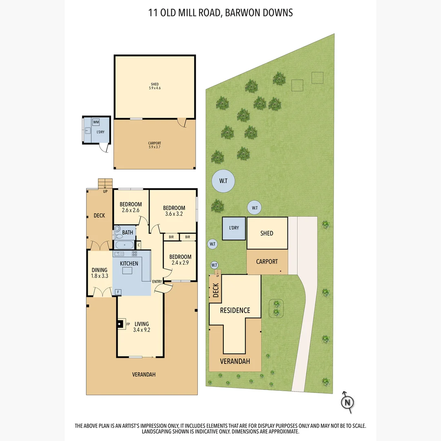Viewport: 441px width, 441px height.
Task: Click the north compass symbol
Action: [347, 402]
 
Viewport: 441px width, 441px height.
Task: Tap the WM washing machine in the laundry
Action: [96, 122]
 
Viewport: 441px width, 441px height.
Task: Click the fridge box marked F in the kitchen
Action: [118, 292]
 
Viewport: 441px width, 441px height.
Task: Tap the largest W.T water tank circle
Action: [223, 181]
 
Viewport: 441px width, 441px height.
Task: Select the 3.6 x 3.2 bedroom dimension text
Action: [174, 214]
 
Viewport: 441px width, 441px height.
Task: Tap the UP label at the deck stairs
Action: [105, 191]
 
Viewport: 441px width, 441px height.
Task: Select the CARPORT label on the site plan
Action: [267, 262]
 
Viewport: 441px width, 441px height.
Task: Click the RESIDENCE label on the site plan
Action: [235, 310]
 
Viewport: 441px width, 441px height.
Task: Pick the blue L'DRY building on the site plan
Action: [234, 228]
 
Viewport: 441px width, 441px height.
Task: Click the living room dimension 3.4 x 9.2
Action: [142, 330]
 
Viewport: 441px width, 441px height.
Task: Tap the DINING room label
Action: [99, 270]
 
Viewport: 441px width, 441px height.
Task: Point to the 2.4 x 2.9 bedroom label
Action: [180, 263]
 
